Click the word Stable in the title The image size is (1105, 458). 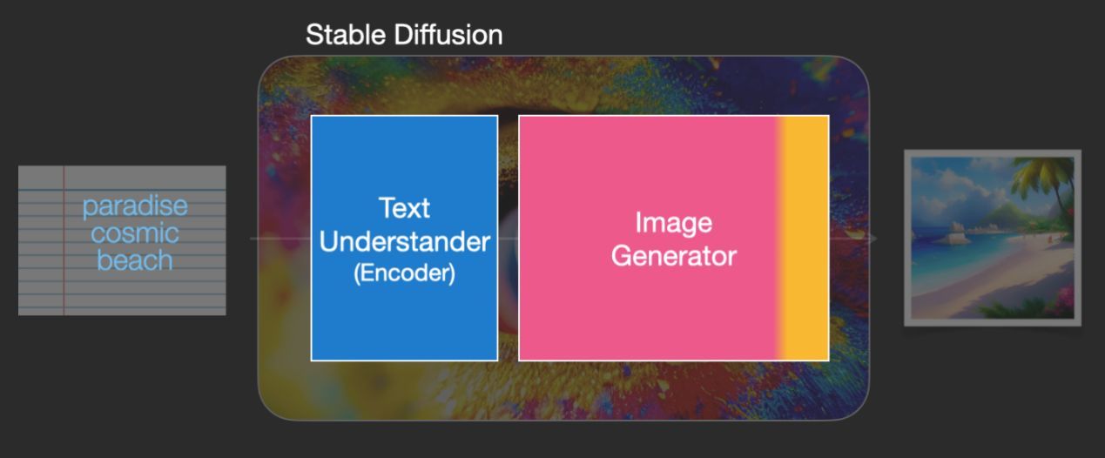click(x=346, y=35)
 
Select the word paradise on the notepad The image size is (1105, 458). click(x=135, y=206)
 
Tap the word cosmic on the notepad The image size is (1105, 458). click(x=135, y=233)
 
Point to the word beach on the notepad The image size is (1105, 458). click(x=135, y=260)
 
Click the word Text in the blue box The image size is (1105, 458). click(x=404, y=208)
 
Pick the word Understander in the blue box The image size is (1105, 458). click(x=405, y=242)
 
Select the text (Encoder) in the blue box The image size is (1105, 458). click(x=405, y=273)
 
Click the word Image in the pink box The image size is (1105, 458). click(x=674, y=223)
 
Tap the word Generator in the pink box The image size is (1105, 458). click(x=674, y=256)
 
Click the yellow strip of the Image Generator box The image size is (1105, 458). click(x=804, y=238)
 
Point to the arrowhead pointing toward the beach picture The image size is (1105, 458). click(x=873, y=239)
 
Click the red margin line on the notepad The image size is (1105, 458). click(x=64, y=240)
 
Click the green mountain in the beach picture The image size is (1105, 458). click(x=1007, y=217)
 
